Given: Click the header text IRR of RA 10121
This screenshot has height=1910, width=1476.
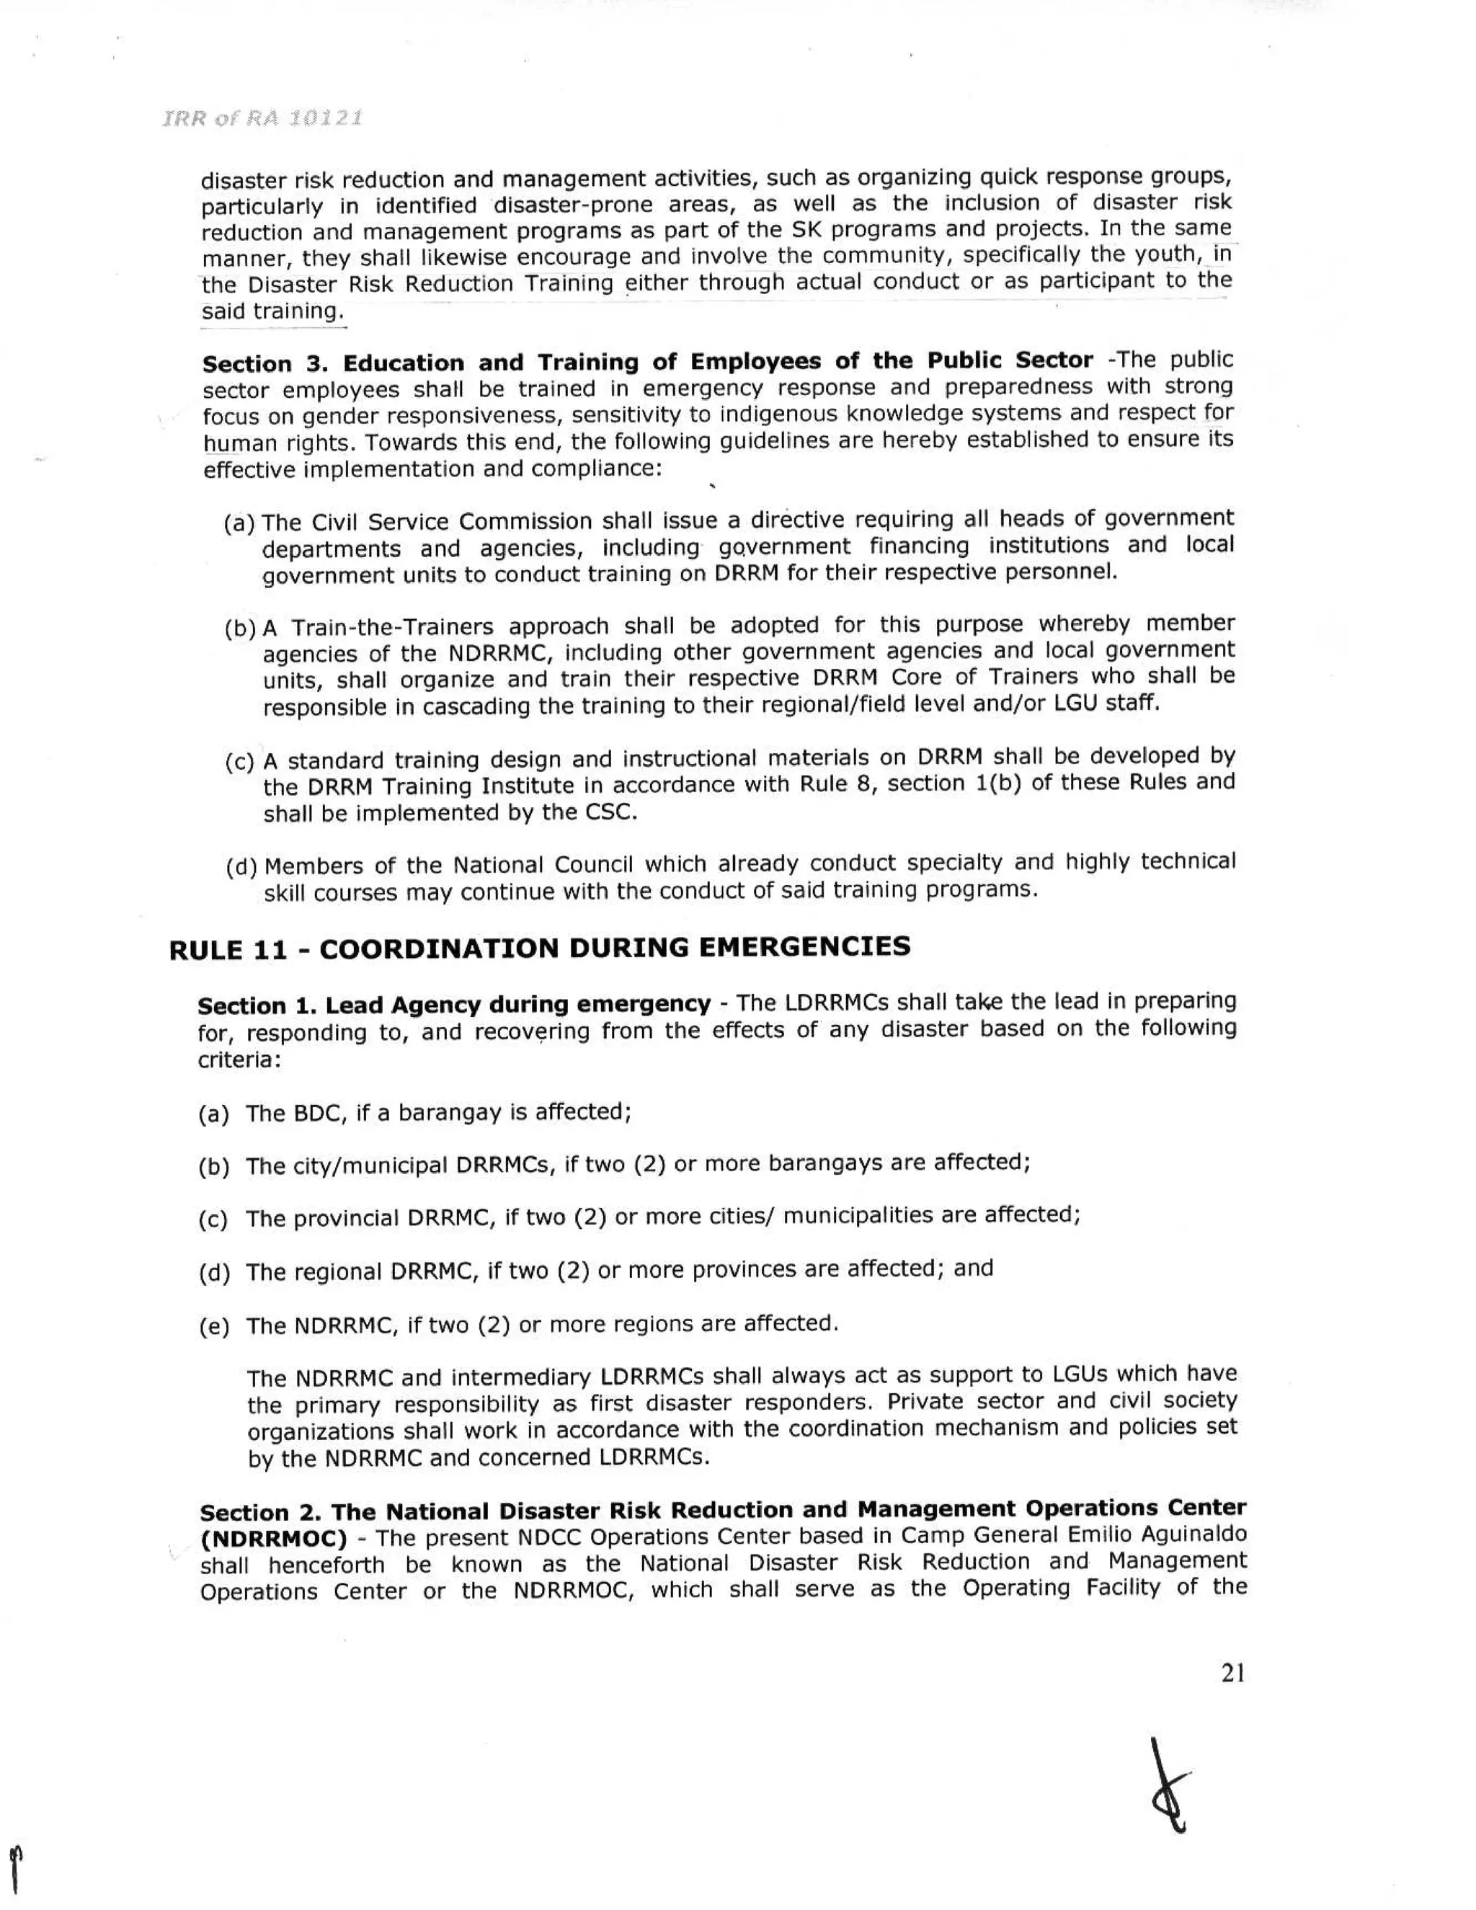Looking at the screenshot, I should [262, 118].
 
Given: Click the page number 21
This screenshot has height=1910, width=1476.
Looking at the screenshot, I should [1233, 1673].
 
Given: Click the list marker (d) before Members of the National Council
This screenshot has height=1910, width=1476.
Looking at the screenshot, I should [241, 868].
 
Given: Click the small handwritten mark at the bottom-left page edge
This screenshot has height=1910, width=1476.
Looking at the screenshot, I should [15, 1870].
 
